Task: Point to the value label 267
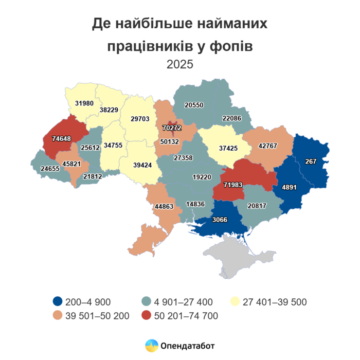click(x=310, y=161)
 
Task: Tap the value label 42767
click(x=266, y=147)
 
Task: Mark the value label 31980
click(x=84, y=103)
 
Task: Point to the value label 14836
click(x=195, y=204)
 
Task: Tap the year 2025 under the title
click(x=179, y=65)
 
